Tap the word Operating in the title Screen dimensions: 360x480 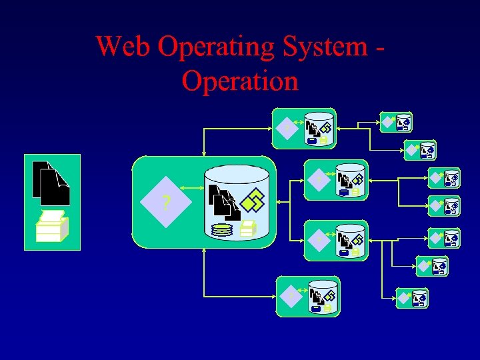[x=217, y=47]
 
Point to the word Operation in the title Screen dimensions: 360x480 [x=239, y=81]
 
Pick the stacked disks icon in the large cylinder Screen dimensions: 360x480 [x=221, y=230]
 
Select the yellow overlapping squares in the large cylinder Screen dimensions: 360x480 [x=253, y=199]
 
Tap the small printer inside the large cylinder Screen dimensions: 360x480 [x=247, y=229]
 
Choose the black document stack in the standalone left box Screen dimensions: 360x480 [x=51, y=183]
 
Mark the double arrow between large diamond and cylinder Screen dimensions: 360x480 [x=193, y=189]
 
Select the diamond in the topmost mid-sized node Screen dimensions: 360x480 [x=287, y=127]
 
